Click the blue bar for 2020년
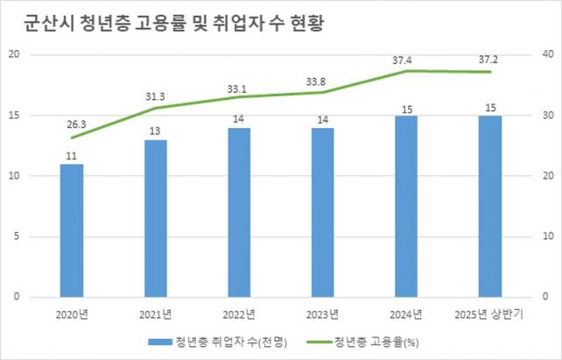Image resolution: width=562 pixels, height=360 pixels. [x=72, y=230]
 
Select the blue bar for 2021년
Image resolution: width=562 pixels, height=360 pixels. [x=155, y=218]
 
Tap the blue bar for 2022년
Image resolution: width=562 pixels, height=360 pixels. [x=239, y=212]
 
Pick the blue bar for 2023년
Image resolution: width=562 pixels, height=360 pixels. [x=322, y=212]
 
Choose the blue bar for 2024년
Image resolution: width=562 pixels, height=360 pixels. [x=406, y=206]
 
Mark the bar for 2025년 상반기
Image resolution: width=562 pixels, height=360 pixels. [x=490, y=206]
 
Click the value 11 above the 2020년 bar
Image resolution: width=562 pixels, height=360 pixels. [x=72, y=154]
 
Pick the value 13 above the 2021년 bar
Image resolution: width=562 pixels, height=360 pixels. [x=155, y=131]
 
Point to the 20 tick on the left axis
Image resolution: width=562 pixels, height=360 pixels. [x=13, y=54]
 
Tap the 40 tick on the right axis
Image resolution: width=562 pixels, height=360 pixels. [x=548, y=54]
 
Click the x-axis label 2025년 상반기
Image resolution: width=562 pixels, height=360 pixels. [x=490, y=313]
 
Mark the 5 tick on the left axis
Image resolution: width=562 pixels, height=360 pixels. [x=16, y=236]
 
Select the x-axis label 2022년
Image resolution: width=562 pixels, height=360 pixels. [x=239, y=313]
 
